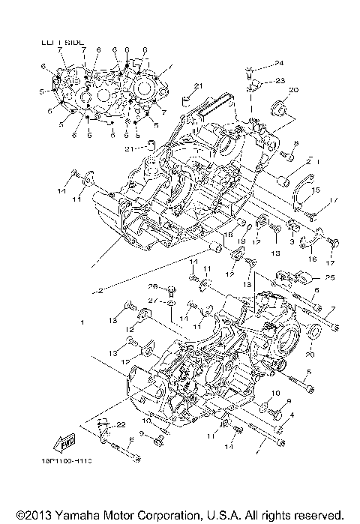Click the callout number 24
(x=278, y=62)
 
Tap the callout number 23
(x=280, y=80)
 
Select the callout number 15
(x=316, y=190)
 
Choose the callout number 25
(x=331, y=278)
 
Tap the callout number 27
(x=151, y=301)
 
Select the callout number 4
(x=292, y=415)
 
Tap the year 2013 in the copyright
(x=36, y=516)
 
